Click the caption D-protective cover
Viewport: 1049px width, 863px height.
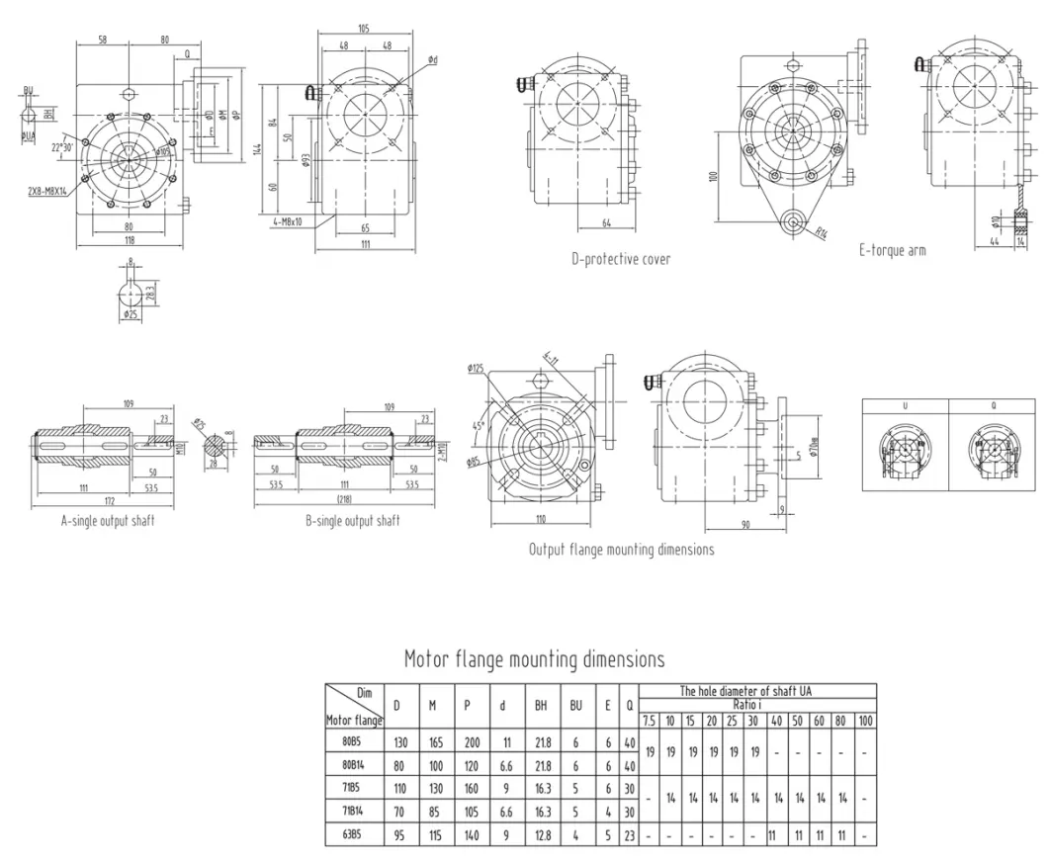tap(621, 259)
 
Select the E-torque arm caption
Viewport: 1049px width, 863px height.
tap(892, 251)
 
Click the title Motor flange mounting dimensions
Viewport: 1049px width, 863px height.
tap(534, 658)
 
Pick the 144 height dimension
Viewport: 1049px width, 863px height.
tap(256, 148)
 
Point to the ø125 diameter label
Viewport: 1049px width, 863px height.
tap(479, 370)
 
